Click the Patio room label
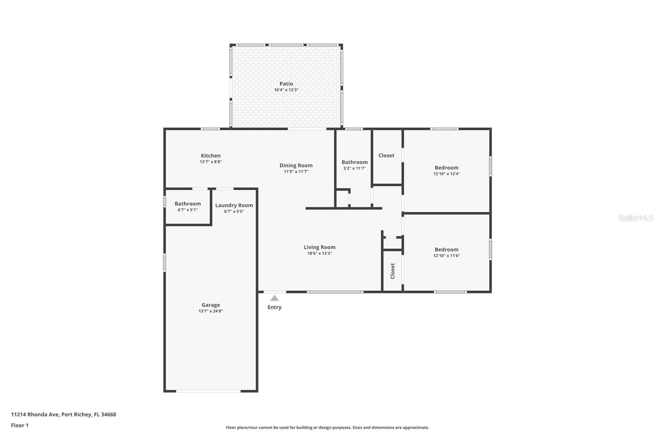tap(286, 84)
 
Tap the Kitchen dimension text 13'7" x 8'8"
tap(210, 162)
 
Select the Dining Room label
tap(296, 166)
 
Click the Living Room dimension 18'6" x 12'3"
tap(319, 254)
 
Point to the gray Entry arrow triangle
tap(274, 298)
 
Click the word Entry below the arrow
tap(274, 308)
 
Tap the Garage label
tap(210, 305)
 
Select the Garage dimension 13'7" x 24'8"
tap(210, 311)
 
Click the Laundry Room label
tap(234, 205)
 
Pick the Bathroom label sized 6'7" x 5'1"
tap(187, 204)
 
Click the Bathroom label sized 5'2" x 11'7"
tap(355, 162)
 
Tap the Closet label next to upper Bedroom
tap(386, 155)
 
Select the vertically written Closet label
tap(393, 271)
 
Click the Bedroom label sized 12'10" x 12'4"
tap(446, 168)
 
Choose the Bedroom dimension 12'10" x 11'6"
tap(446, 256)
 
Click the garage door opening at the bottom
tap(208, 391)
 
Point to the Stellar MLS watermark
tap(635, 218)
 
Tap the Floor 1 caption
tap(20, 425)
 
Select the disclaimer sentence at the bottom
tap(327, 427)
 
